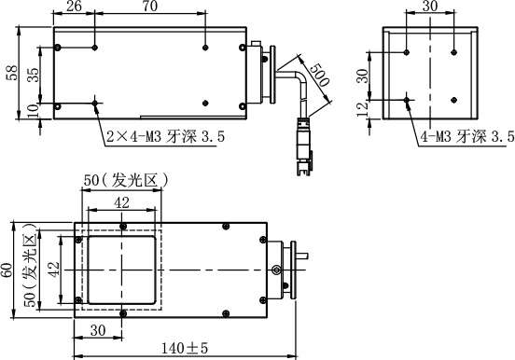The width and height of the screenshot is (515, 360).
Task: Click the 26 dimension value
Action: (x=74, y=7)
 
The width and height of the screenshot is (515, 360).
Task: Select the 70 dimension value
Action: (x=150, y=7)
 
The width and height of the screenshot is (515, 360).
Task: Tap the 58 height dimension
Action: (x=12, y=73)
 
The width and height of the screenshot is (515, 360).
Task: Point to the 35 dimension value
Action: (x=33, y=75)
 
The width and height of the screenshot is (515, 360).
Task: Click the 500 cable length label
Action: (x=318, y=75)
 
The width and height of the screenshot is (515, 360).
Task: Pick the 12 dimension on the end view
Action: (x=362, y=109)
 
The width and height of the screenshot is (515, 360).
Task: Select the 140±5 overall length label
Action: (x=185, y=348)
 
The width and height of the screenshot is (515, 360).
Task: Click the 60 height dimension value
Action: (x=7, y=270)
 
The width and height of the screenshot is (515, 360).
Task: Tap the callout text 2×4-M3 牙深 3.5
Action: (x=166, y=136)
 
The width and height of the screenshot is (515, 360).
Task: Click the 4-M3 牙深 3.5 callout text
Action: (x=467, y=136)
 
